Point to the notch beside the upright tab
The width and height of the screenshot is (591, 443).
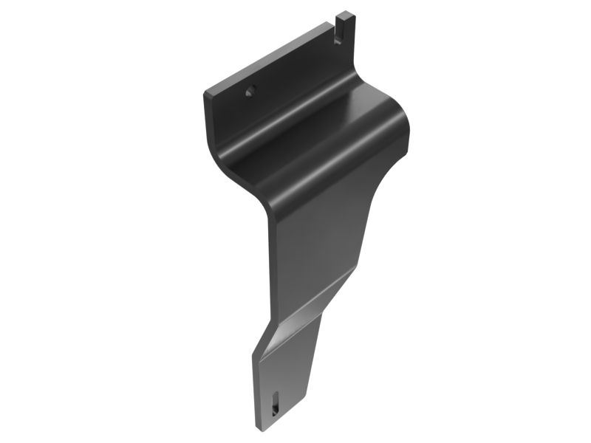(x=336, y=34)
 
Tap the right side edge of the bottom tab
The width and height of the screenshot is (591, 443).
(x=315, y=377)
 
